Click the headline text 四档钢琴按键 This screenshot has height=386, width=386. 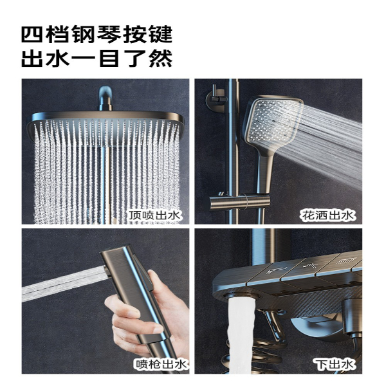[96, 35]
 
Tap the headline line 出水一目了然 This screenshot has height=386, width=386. [96, 58]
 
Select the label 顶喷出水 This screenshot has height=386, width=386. [155, 216]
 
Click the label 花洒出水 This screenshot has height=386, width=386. [327, 216]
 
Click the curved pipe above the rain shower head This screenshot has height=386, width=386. [106, 98]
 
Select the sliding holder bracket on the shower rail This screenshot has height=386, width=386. [239, 201]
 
